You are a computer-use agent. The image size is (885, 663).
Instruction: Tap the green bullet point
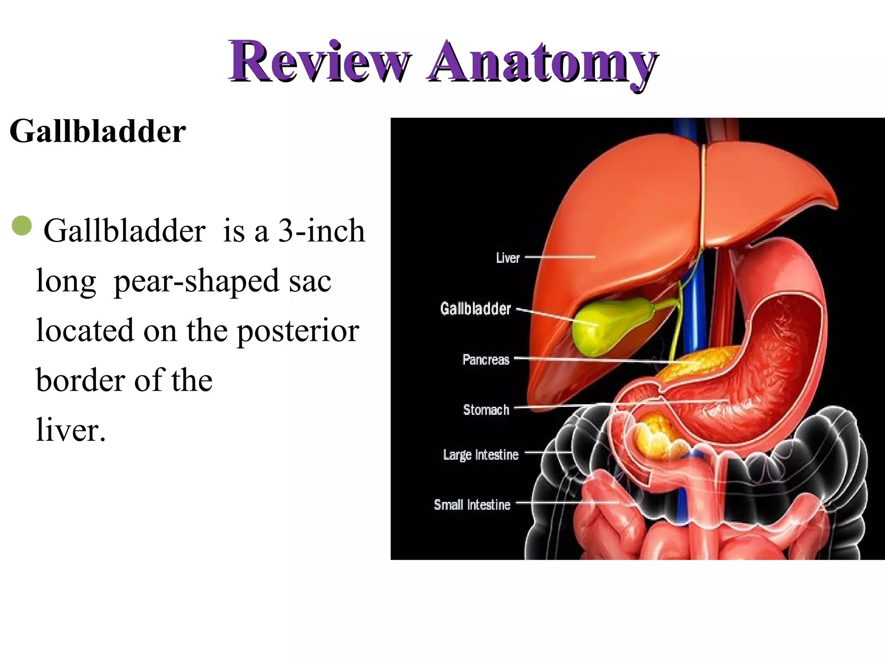tap(22, 226)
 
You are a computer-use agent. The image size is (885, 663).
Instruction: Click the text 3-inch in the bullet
tap(322, 230)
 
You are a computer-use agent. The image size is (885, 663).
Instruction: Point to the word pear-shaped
tap(196, 281)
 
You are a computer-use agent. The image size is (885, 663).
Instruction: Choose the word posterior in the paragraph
tap(298, 331)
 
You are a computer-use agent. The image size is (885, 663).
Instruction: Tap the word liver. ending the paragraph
tap(71, 430)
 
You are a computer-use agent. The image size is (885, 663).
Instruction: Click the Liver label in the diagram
tap(508, 258)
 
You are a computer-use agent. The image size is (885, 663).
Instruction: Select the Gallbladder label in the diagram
tap(475, 309)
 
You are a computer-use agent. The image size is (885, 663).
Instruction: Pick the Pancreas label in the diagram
tap(486, 360)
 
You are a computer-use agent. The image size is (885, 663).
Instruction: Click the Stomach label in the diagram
tap(486, 410)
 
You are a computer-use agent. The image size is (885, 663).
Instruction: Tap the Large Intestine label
tap(481, 455)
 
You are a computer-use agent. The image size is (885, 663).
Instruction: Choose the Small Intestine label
tap(472, 505)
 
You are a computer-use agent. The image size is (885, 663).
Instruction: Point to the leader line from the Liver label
tap(560, 257)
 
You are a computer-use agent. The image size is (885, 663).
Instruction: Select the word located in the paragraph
tap(85, 331)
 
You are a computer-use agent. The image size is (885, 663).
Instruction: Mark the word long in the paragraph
tap(66, 281)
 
